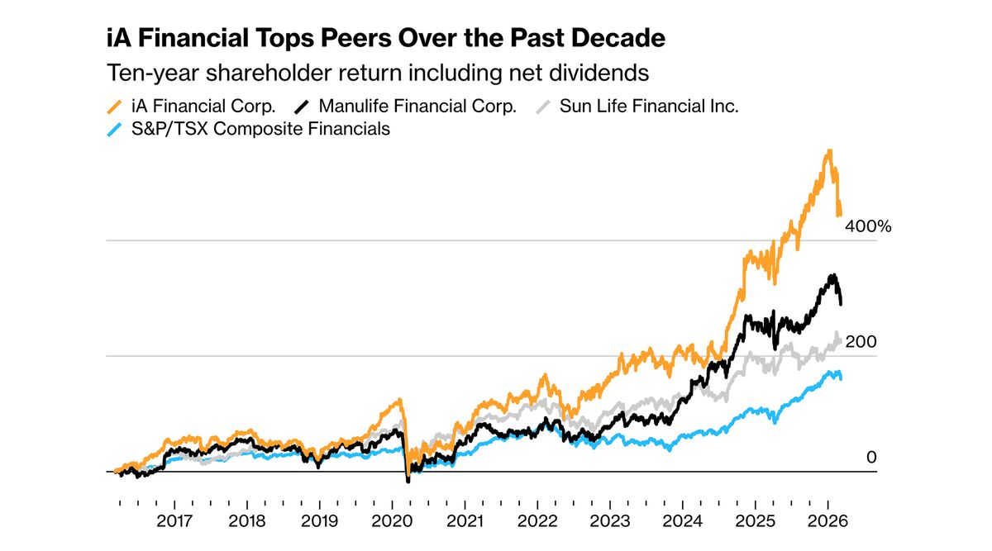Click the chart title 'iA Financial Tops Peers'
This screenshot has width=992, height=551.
386,39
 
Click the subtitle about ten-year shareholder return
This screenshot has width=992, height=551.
378,73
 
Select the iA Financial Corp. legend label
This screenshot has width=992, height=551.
203,106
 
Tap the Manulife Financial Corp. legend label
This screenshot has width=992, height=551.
417,106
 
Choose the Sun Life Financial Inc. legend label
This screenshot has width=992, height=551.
649,106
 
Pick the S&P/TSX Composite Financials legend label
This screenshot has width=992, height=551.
260,129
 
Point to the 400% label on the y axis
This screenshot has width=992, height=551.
867,226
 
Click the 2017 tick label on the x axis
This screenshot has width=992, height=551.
174,522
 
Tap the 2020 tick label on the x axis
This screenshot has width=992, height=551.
392,522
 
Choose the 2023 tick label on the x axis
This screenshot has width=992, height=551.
609,522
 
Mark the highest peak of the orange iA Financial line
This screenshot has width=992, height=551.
828,151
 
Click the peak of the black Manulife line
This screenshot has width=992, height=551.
832,275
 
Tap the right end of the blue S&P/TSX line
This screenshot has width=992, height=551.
842,378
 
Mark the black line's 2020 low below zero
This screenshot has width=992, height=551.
408,481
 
